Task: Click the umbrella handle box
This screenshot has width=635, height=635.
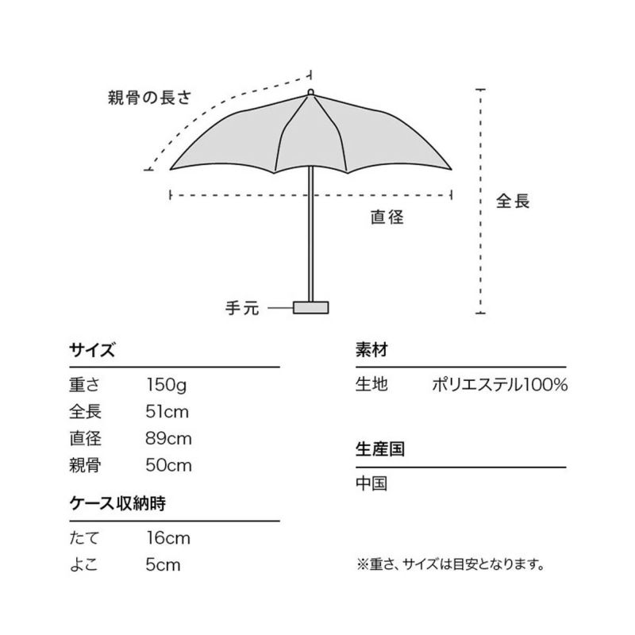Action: point(310,307)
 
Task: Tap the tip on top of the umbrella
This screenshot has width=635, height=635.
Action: point(310,92)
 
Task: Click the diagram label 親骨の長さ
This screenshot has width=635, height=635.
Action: point(149,98)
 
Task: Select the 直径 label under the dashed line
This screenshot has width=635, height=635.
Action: point(387,217)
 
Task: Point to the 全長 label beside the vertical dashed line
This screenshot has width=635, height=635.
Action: point(513,201)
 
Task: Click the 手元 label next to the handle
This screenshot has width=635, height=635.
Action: point(242,308)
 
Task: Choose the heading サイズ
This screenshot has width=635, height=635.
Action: point(92,349)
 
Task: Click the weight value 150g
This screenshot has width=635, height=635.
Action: point(167,385)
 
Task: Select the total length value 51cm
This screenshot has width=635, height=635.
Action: point(167,412)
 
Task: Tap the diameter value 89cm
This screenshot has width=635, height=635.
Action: point(168,439)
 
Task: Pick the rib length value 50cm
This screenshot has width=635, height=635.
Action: point(168,465)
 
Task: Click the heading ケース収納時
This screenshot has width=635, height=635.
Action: point(117,503)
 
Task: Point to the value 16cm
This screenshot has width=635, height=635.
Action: point(168,538)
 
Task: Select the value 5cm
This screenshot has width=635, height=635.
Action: point(163,565)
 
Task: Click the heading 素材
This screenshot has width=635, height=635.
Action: point(371,349)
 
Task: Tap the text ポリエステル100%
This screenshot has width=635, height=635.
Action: point(500,385)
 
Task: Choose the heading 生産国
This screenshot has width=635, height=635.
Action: point(380,449)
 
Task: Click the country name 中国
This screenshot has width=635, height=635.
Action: point(371,483)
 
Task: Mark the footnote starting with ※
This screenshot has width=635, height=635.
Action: point(450,564)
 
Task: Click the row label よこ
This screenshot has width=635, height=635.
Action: point(84,565)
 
